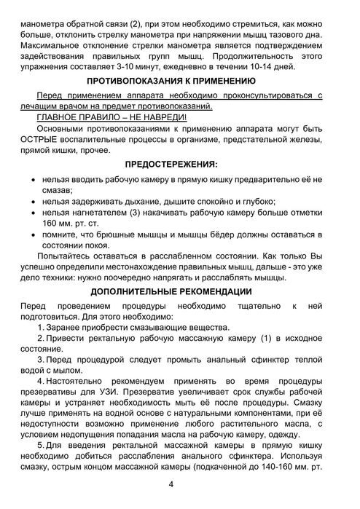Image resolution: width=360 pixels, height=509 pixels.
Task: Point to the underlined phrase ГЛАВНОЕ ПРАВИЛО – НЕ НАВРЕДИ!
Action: [x=111, y=118]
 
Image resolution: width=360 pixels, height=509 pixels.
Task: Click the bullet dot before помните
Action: [x=28, y=234]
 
